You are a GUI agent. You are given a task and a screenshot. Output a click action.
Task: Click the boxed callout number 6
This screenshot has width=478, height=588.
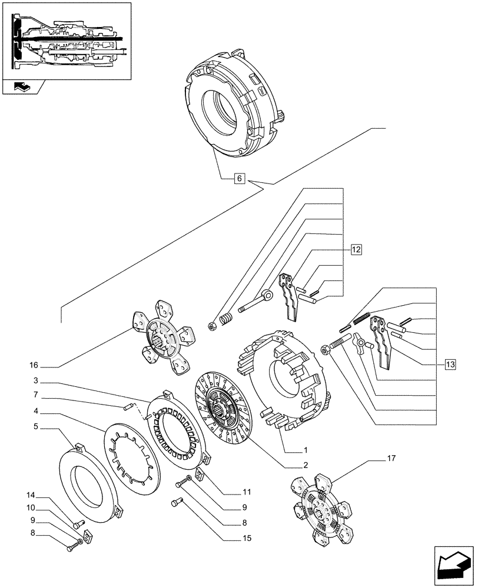pyautogui.click(x=238, y=178)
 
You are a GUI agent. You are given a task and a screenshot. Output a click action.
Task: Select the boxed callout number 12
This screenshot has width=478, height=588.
pyautogui.click(x=356, y=249)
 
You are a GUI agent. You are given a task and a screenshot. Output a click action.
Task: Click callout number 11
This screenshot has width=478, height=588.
pyautogui.click(x=247, y=492)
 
